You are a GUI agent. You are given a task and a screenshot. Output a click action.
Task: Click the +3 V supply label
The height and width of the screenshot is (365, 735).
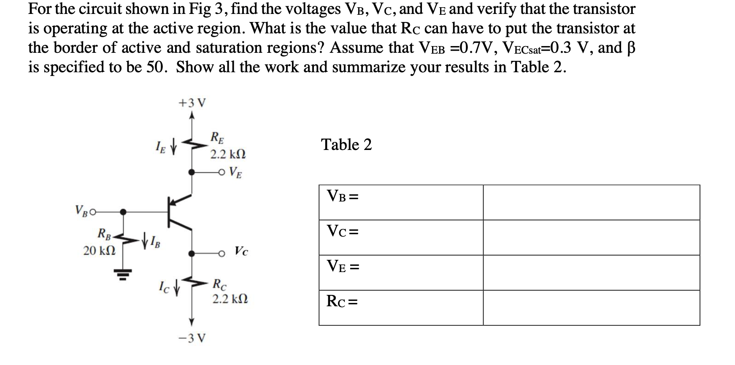[x=192, y=103]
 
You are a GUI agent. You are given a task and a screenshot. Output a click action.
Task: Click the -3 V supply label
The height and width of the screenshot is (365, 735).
[x=192, y=338]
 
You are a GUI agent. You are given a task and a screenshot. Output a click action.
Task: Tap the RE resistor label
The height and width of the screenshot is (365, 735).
[x=218, y=138]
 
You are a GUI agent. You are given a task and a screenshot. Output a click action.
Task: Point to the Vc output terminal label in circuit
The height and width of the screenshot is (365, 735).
[x=241, y=252]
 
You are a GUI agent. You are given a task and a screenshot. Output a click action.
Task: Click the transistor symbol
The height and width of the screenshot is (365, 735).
[x=177, y=213]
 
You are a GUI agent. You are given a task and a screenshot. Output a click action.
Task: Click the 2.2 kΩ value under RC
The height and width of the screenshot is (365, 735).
[x=230, y=300]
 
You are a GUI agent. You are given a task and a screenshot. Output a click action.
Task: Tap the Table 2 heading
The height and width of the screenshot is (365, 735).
[x=346, y=145]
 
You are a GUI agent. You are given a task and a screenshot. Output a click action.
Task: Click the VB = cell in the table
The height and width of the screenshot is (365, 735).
[x=401, y=202]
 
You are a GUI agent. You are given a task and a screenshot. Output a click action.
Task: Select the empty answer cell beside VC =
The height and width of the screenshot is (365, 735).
[x=591, y=237]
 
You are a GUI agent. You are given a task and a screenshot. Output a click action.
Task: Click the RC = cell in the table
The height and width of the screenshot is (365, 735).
[x=401, y=308]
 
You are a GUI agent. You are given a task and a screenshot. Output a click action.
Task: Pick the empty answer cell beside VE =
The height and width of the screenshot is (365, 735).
[x=591, y=272]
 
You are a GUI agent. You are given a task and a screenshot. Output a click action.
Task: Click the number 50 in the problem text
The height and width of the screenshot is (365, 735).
[x=157, y=67]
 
